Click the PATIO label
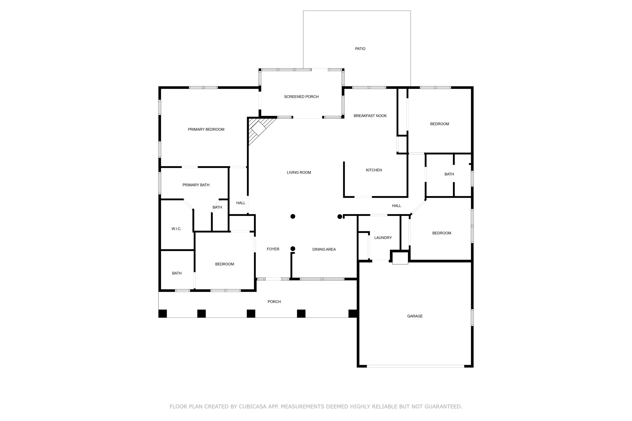coord(360,49)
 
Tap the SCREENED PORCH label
coord(301,97)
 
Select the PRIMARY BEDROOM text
coord(206,129)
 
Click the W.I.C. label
coord(176,229)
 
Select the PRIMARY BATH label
coord(196,185)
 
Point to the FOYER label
coord(273,249)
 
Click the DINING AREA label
coord(324,249)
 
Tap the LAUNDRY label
coord(383,238)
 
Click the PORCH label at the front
coord(274,301)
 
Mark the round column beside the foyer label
coord(293,249)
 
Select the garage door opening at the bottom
coord(415,366)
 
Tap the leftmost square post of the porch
coord(163,314)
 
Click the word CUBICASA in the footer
coord(253,406)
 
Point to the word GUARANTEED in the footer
coord(443,406)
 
